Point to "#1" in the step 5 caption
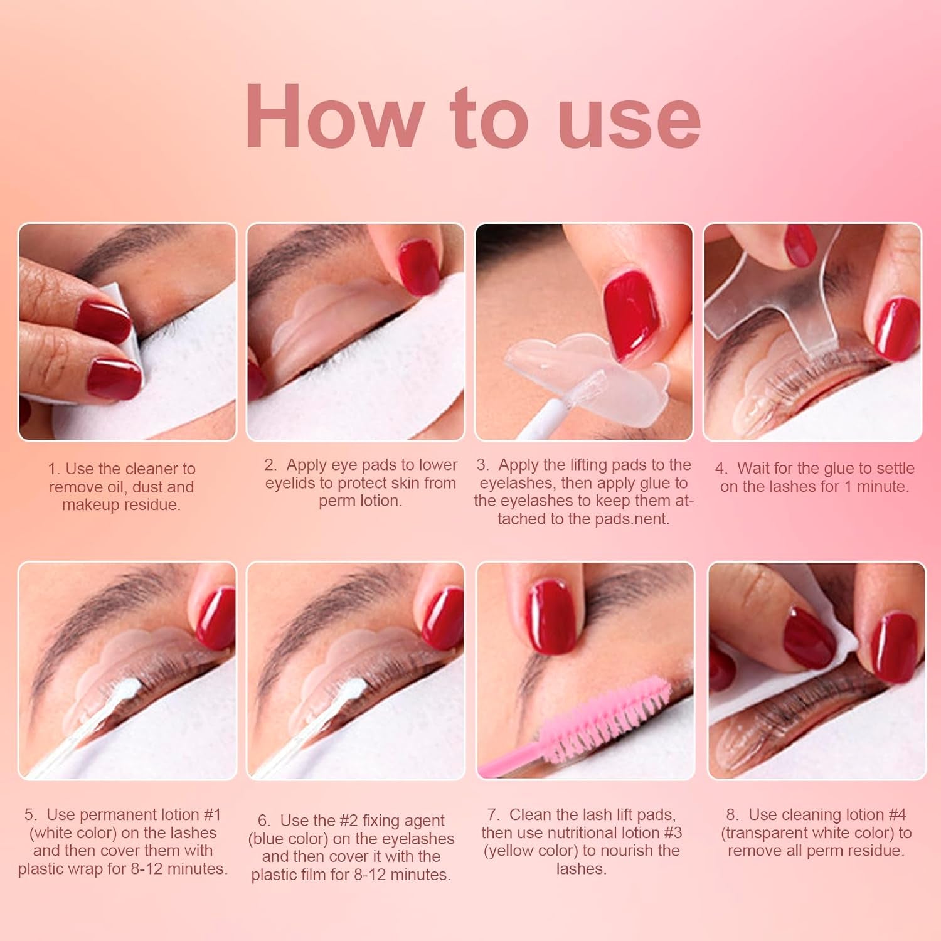213,814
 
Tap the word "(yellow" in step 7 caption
508,851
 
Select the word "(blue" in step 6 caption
268,838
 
